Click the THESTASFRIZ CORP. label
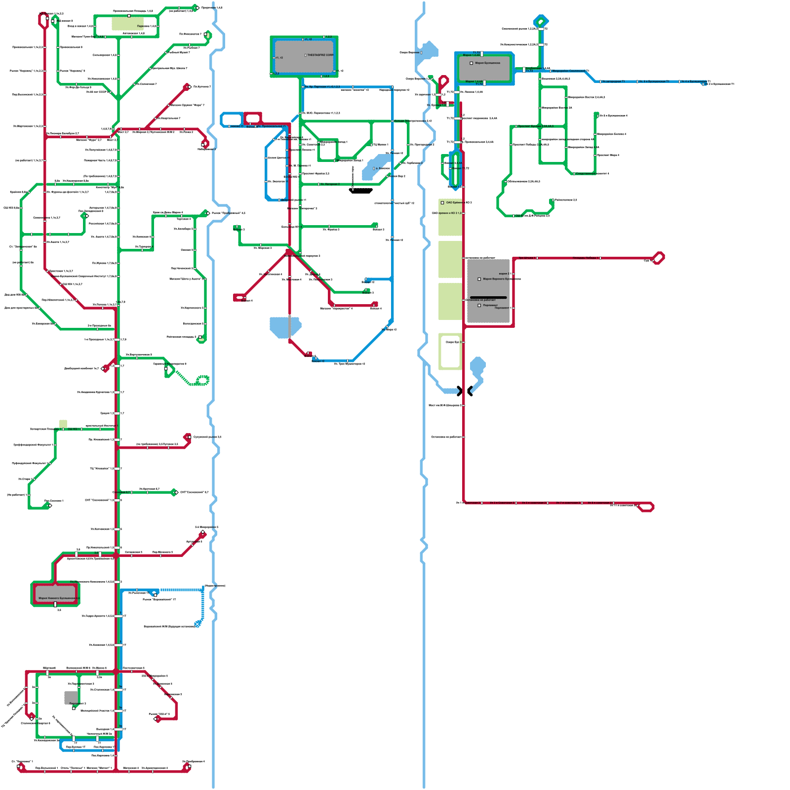[x=320, y=55]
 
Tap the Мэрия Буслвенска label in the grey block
[x=487, y=63]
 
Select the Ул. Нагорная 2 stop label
[x=330, y=184]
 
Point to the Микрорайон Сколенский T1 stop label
[x=570, y=71]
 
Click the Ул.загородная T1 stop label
[x=613, y=81]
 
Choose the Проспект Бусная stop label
[x=535, y=126]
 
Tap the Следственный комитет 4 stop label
[x=592, y=174]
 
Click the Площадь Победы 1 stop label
[x=586, y=258]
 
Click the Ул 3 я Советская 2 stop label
[x=502, y=503]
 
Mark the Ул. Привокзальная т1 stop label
[x=271, y=126]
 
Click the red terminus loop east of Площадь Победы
[x=658, y=258]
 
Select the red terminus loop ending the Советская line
[x=646, y=507]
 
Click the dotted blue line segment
[x=181, y=590]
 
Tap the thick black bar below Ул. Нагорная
[x=361, y=191]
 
